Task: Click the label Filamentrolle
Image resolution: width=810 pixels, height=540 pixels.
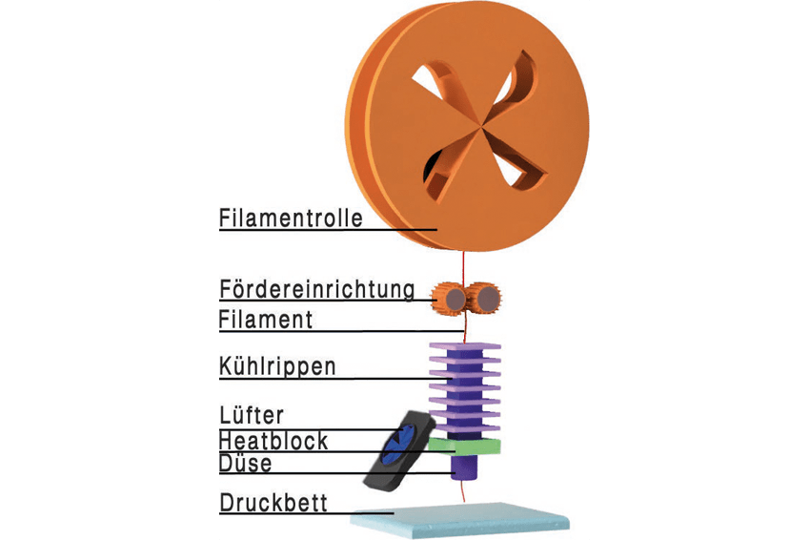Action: click(291, 218)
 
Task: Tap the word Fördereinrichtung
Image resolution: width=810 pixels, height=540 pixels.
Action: click(317, 289)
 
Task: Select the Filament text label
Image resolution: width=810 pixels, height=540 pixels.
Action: click(266, 320)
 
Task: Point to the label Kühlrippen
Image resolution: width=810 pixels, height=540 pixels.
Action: click(277, 366)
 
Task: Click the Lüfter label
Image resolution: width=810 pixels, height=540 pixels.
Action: click(252, 415)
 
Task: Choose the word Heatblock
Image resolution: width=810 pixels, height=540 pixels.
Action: click(273, 441)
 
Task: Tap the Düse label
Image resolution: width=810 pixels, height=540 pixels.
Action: click(245, 463)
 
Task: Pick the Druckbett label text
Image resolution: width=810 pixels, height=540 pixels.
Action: click(273, 503)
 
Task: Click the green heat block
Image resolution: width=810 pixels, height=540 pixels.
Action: click(465, 447)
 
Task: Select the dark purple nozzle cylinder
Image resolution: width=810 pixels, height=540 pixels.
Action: click(465, 467)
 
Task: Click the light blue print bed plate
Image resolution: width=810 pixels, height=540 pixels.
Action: click(459, 521)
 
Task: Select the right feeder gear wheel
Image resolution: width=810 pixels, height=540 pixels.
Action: click(483, 298)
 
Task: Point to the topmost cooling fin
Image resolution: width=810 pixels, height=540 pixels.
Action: click(465, 345)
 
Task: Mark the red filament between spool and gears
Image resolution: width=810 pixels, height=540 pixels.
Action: click(464, 268)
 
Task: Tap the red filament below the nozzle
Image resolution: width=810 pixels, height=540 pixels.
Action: click(463, 490)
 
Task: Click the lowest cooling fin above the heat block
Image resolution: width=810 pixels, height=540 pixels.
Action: click(465, 428)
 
